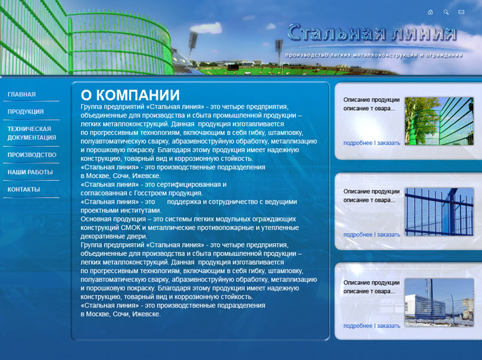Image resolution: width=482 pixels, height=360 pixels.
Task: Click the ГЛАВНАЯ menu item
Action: [22, 94]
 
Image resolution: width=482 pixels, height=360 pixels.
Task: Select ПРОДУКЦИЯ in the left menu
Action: [26, 111]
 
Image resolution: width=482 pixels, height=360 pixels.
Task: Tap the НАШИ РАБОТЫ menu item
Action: [30, 173]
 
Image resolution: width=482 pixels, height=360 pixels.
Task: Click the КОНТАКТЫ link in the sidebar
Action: [24, 190]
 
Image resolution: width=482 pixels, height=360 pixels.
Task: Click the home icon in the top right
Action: [430, 12]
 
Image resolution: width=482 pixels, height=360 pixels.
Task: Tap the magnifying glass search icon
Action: [446, 12]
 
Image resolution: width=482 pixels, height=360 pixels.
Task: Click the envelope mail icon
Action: [462, 12]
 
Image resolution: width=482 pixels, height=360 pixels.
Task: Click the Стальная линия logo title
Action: [371, 33]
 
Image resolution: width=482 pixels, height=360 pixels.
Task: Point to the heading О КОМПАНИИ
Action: [130, 95]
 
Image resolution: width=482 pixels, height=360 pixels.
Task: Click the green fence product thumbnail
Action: [439, 121]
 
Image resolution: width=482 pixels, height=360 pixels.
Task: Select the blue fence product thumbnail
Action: [439, 212]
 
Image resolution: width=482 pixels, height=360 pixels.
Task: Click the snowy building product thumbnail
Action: [439, 302]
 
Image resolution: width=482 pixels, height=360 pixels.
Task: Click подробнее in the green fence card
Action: [358, 143]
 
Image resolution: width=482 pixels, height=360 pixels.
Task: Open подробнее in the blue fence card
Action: [358, 234]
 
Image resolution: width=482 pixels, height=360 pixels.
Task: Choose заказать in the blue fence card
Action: [389, 234]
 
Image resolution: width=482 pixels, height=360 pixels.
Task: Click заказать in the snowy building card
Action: [389, 325]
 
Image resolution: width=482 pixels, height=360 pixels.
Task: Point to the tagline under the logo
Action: [373, 55]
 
